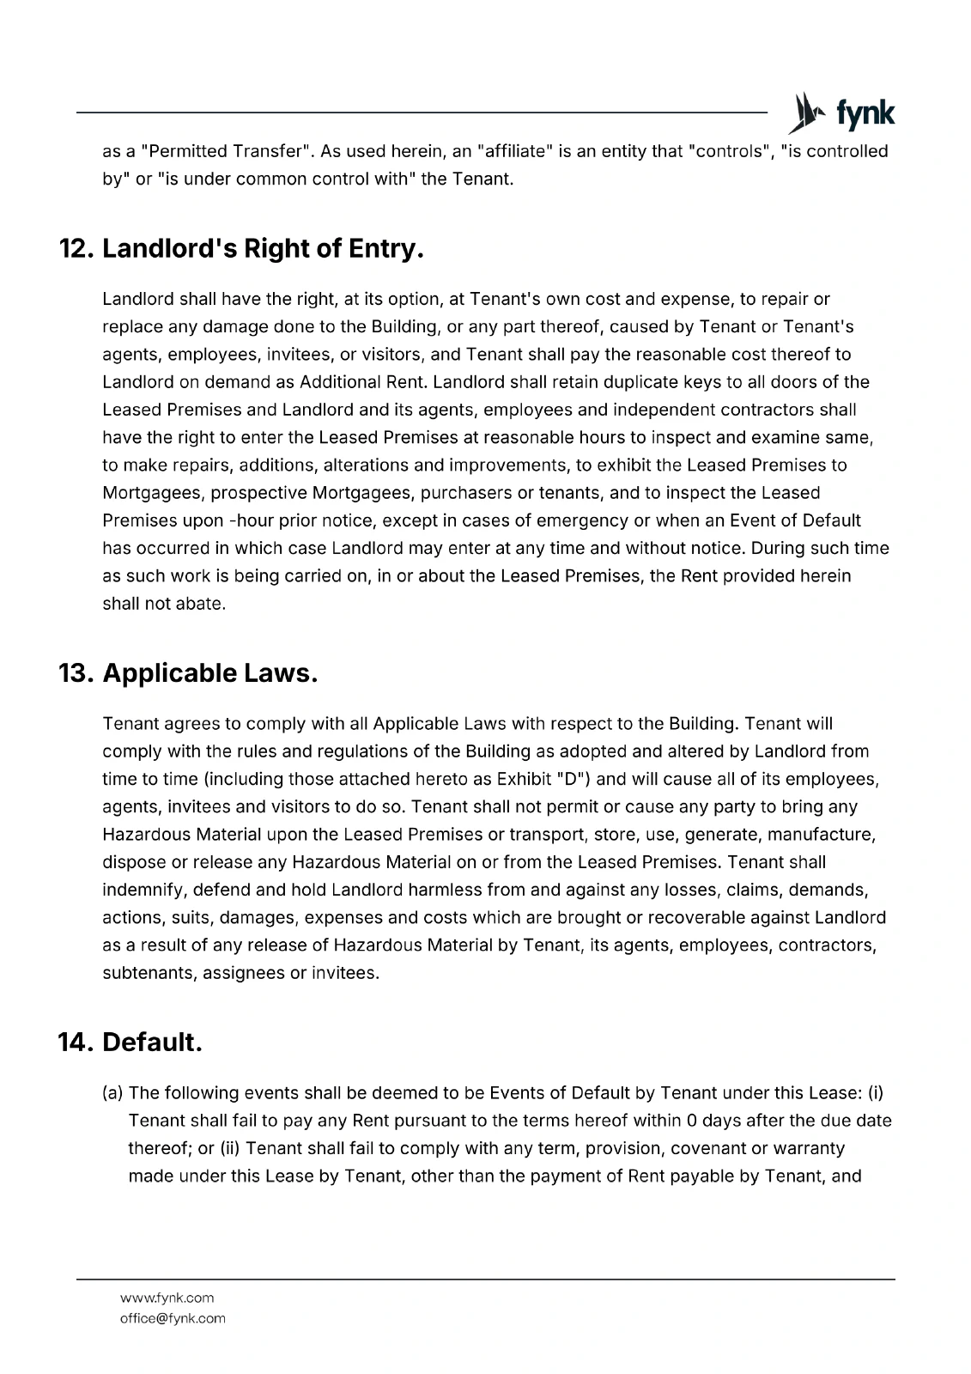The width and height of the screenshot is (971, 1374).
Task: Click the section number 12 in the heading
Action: tap(76, 249)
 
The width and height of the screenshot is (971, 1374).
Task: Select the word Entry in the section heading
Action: tap(385, 249)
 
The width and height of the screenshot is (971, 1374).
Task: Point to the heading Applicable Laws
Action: tap(210, 673)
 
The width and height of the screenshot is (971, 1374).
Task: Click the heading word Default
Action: tap(152, 1043)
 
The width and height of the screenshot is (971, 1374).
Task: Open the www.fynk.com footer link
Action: tap(167, 1298)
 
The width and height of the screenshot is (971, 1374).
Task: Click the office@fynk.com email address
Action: tap(173, 1318)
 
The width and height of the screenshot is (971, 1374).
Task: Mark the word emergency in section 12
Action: tap(589, 520)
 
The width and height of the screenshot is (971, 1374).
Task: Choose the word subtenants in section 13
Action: tap(148, 973)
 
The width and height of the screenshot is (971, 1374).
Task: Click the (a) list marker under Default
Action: tap(113, 1093)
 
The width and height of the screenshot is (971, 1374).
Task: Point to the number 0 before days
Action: tap(692, 1121)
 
